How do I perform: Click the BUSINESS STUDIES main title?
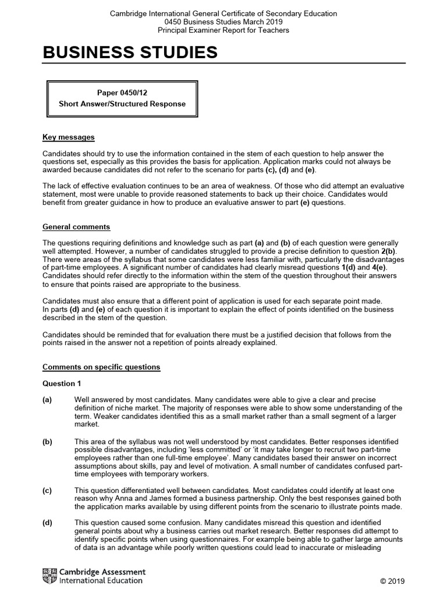[130, 53]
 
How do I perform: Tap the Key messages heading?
[68, 137]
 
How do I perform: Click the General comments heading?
[76, 226]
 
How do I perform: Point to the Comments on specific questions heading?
[101, 367]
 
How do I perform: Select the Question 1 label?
[62, 384]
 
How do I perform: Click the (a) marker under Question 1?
[47, 400]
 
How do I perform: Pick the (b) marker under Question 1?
[47, 442]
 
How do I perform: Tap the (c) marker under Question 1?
[47, 491]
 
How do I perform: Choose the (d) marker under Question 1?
[47, 523]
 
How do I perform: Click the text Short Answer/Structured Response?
[122, 104]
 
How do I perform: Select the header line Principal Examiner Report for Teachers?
[223, 30]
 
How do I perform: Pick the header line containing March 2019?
[223, 22]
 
